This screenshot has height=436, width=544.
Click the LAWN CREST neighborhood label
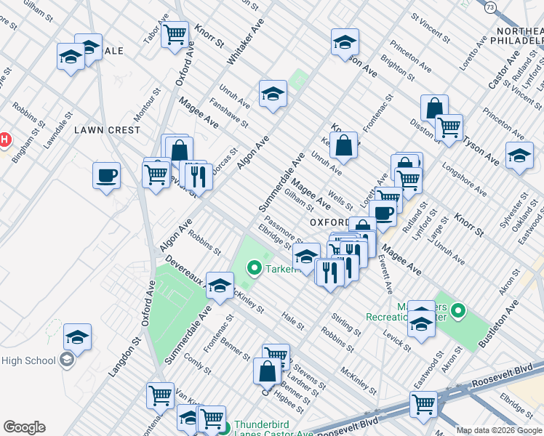tap(107, 130)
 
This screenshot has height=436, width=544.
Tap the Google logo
tap(24, 427)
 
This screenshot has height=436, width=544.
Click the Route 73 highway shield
tap(490, 6)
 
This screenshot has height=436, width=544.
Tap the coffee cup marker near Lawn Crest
tap(106, 175)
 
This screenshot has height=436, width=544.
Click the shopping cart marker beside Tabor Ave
tap(175, 33)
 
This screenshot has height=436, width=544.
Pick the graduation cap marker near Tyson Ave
tap(519, 156)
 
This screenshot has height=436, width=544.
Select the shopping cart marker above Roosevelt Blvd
tap(423, 404)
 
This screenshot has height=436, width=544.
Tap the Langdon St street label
tap(123, 355)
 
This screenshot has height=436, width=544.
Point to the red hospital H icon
tap(4, 138)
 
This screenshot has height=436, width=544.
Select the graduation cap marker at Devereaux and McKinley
tap(220, 285)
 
